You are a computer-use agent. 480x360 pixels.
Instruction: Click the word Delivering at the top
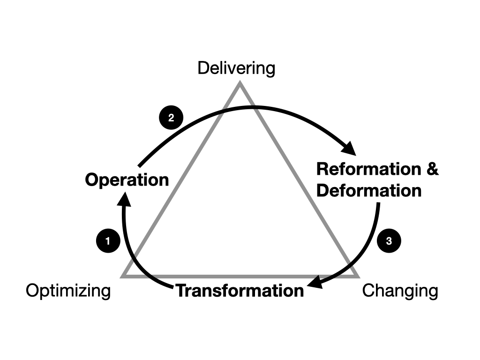(236, 68)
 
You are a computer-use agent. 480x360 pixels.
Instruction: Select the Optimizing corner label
(68, 291)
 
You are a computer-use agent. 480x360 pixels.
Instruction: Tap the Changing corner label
(400, 291)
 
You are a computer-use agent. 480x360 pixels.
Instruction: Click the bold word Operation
(127, 180)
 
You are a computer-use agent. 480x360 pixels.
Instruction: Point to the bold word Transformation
(240, 291)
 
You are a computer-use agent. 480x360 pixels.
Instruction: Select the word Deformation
(369, 191)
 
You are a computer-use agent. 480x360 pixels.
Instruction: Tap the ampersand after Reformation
(432, 169)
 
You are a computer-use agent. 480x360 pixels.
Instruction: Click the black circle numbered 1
(108, 241)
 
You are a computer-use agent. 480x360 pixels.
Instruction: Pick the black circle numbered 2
(171, 118)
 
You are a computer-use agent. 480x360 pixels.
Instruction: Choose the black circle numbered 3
(389, 241)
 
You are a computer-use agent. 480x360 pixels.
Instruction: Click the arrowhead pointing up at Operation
(124, 201)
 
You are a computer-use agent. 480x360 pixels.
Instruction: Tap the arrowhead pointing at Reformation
(349, 149)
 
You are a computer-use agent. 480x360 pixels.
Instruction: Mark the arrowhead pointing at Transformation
(315, 284)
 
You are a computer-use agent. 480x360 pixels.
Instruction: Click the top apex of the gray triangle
(240, 84)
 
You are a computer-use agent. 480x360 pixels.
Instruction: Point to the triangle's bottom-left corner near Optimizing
(123, 276)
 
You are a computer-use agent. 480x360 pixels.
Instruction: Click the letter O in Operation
(91, 180)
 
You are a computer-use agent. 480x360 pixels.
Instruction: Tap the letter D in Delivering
(202, 68)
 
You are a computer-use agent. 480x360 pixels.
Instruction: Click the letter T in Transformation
(181, 291)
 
